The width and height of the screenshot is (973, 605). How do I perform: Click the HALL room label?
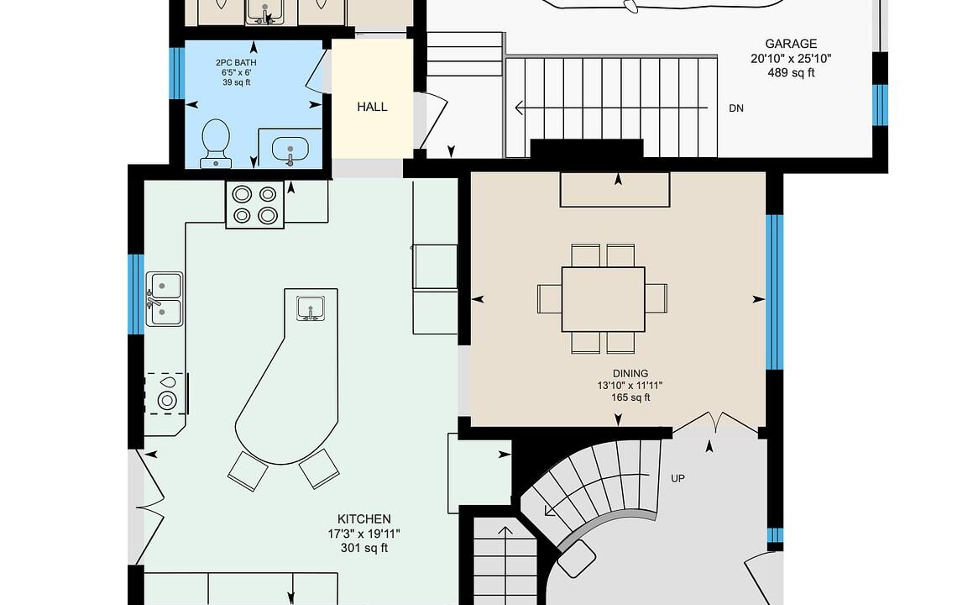coord(372,107)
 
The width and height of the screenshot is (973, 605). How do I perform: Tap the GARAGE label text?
coord(791,44)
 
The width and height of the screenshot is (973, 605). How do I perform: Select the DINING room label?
coord(630,373)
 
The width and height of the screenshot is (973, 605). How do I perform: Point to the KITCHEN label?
coord(364,518)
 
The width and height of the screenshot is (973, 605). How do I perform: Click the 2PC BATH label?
coord(236,62)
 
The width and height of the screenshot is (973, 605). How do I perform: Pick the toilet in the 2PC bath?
coord(216,144)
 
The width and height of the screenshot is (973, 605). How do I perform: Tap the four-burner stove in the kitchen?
coord(254,204)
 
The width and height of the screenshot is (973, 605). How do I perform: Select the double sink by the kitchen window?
coord(164,299)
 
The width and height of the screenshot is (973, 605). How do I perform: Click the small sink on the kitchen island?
coord(311,308)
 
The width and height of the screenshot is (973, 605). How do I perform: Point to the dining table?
coord(603,299)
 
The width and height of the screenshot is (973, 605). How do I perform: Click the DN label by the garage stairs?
coord(736,108)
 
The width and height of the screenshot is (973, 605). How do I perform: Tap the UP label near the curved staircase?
coord(677,478)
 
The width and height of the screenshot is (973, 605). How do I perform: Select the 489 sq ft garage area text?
coord(791,72)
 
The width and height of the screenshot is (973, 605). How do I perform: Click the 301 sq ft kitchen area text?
coord(364,548)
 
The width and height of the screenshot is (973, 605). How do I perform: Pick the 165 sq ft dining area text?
coord(630,397)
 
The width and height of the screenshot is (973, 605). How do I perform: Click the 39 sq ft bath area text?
coord(237,82)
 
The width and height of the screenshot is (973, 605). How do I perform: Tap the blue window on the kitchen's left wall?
coord(136,294)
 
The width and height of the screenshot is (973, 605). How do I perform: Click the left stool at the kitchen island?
coord(248,471)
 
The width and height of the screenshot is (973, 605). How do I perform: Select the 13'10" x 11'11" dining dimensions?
coord(630,385)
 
